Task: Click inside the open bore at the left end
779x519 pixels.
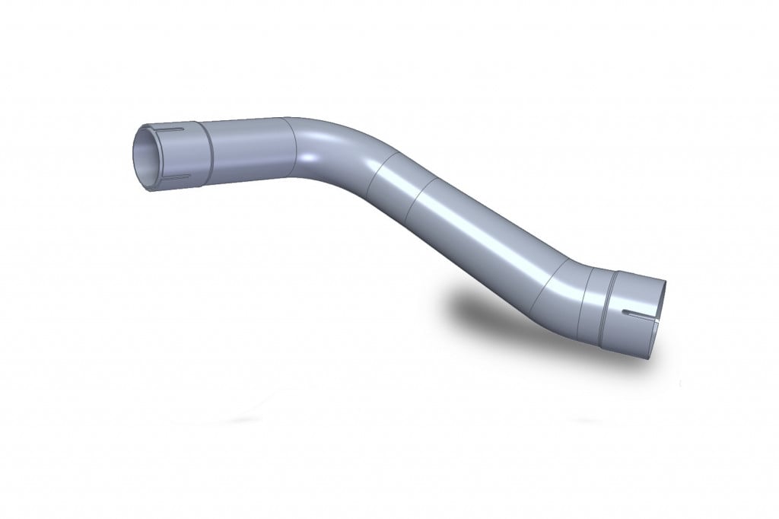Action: (144, 157)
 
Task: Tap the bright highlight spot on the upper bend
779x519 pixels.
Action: (308, 158)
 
